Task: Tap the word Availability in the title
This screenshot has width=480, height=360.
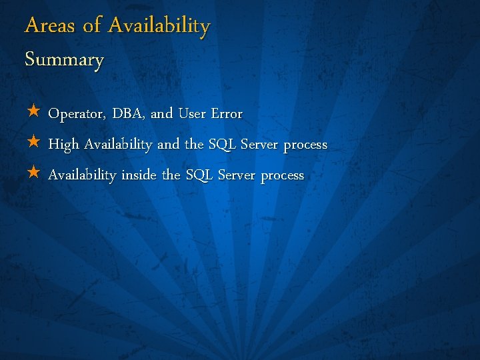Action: pyautogui.click(x=159, y=27)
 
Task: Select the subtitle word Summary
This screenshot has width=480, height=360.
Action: pyautogui.click(x=65, y=60)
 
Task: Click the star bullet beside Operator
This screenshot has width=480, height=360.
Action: pyautogui.click(x=33, y=113)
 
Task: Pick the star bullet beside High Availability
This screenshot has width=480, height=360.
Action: pyautogui.click(x=33, y=143)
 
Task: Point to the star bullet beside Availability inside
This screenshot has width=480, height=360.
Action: pyautogui.click(x=33, y=174)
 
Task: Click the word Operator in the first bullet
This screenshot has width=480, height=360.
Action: pyautogui.click(x=75, y=114)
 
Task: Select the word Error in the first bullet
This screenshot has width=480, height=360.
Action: pyautogui.click(x=227, y=114)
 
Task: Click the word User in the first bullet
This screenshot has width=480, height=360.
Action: pyautogui.click(x=191, y=114)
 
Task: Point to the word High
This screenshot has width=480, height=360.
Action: pyautogui.click(x=63, y=145)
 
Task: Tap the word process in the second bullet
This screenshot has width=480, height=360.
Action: pyautogui.click(x=305, y=145)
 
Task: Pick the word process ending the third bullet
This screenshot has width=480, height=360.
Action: pyautogui.click(x=282, y=176)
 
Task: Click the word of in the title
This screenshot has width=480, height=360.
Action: pyautogui.click(x=91, y=26)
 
